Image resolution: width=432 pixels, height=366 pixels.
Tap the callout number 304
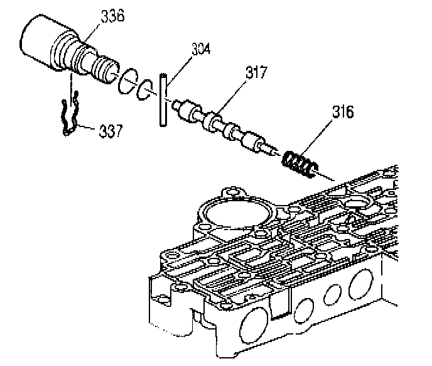click(200, 48)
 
